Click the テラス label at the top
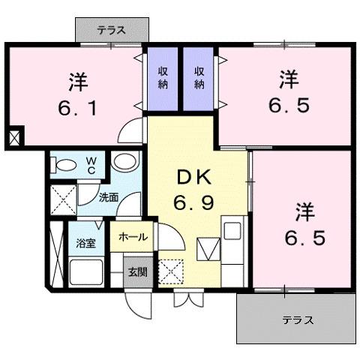tap(111, 31)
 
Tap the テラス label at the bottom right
tap(298, 321)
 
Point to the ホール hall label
tap(132, 238)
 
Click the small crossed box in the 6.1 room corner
tap(15, 139)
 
